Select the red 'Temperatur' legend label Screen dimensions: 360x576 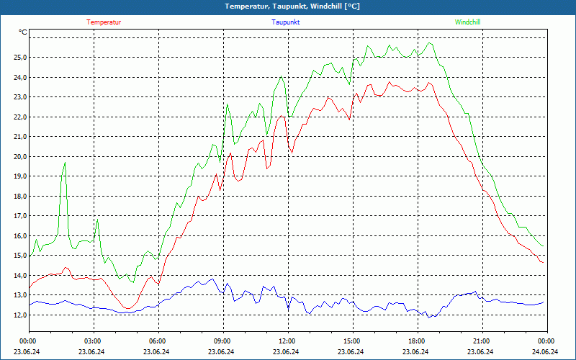pos(104,22)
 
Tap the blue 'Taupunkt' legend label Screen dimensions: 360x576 pos(286,22)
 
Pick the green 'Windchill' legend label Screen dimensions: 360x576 pos(467,22)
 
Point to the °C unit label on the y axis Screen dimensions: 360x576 pos(23,32)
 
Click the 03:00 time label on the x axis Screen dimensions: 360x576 pos(93,341)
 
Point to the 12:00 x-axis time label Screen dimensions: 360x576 pos(287,341)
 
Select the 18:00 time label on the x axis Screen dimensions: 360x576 pos(416,341)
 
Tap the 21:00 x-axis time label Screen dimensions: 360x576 pos(481,341)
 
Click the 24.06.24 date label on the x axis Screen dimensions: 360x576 pos(545,352)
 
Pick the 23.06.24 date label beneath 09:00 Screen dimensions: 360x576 pos(222,352)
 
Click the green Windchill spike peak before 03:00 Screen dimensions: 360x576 pos(65,163)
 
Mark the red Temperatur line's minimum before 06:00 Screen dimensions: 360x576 pos(127,309)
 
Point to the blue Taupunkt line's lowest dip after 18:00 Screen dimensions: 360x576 pos(428,317)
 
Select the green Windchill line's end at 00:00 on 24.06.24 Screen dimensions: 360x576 pos(543,246)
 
